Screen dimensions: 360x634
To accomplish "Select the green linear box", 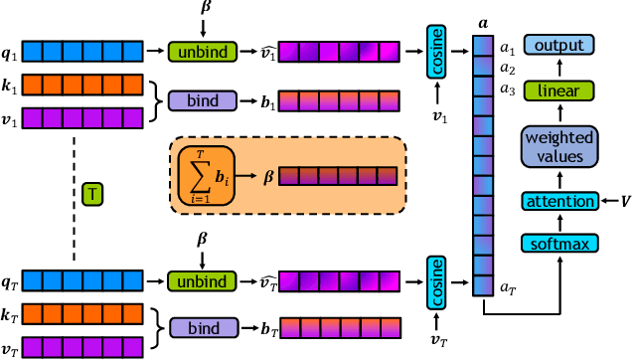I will pyautogui.click(x=559, y=90).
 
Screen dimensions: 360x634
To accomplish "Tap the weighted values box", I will pyautogui.click(x=559, y=147).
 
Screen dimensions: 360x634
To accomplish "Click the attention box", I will pyautogui.click(x=559, y=202).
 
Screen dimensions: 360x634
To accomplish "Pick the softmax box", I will pyautogui.click(x=559, y=244).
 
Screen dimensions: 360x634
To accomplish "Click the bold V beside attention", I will pyautogui.click(x=623, y=202).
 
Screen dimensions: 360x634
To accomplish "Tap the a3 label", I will pyautogui.click(x=507, y=90).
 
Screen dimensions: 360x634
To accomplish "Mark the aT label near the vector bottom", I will pyautogui.click(x=508, y=287).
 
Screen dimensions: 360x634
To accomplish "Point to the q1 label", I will pyautogui.click(x=11, y=50).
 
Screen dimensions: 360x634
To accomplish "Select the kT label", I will pyautogui.click(x=11, y=314).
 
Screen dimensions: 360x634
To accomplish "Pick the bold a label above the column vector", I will pyautogui.click(x=483, y=20).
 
